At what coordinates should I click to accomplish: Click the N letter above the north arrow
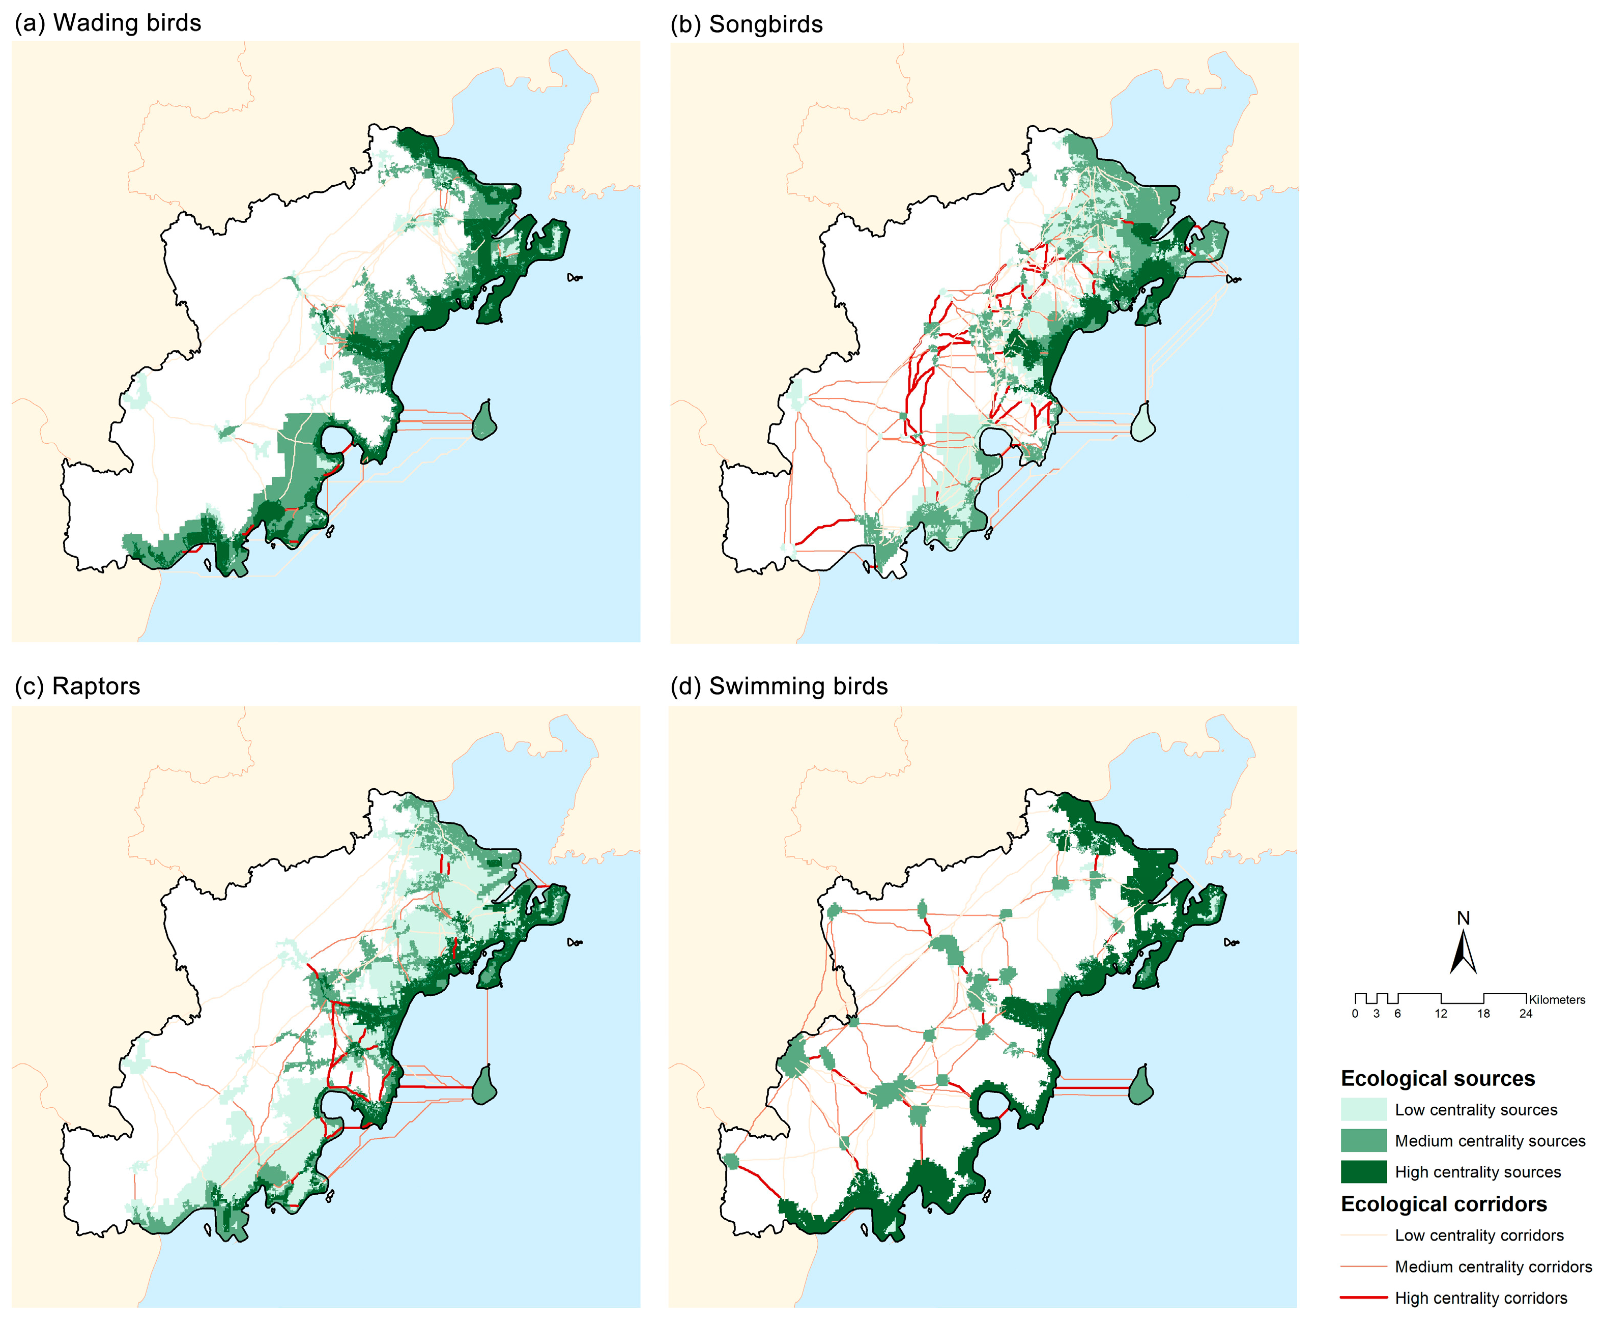[x=1463, y=918]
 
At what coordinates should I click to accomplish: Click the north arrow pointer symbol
[x=1463, y=954]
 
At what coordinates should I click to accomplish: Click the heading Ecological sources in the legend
[x=1438, y=1078]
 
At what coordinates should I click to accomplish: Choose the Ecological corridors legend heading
[x=1443, y=1204]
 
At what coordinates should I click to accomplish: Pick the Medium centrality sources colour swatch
[x=1363, y=1141]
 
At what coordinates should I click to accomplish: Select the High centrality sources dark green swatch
[x=1363, y=1172]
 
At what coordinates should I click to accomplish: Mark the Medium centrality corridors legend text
[x=1493, y=1267]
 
